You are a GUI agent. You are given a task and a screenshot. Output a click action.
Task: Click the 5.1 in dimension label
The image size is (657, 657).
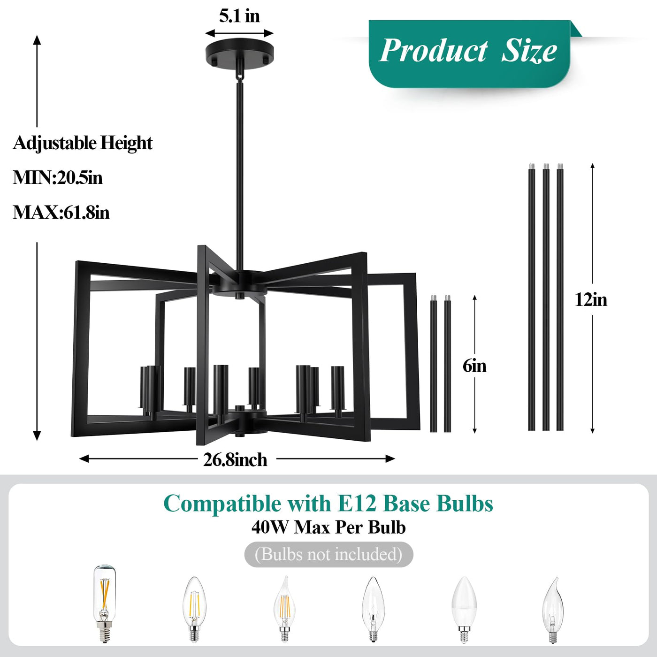[239, 16]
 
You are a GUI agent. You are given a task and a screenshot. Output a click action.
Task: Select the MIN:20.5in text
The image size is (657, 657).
[58, 178]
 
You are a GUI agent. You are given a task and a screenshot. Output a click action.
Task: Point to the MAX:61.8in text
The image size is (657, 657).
[61, 213]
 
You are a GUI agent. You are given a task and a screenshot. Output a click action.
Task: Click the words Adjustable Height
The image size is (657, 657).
[83, 143]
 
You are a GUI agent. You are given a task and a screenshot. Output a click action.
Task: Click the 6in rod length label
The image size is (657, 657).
[474, 366]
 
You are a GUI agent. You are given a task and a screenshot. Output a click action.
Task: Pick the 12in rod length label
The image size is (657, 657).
[591, 300]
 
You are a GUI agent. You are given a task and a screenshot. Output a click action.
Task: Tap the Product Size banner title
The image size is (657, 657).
[468, 51]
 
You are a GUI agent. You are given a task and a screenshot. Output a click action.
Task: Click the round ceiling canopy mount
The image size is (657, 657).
[239, 54]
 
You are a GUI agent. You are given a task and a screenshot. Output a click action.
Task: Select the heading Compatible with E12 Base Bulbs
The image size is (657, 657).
[328, 504]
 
